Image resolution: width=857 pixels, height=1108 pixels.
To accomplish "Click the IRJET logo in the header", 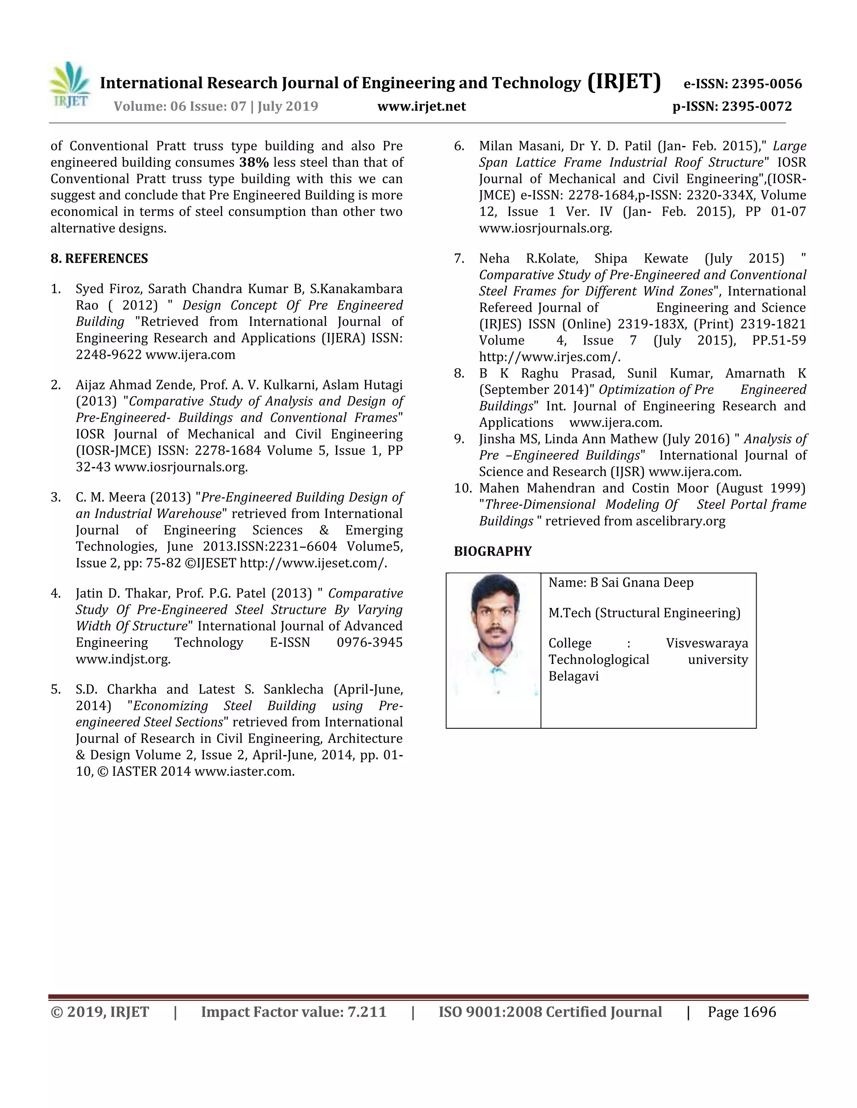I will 69,85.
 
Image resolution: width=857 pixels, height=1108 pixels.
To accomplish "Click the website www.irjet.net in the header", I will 421,107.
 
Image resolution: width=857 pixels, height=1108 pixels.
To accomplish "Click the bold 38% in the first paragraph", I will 254,162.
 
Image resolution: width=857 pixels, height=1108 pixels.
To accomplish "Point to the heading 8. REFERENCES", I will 99,259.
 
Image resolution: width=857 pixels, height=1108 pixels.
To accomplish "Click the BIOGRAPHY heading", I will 493,551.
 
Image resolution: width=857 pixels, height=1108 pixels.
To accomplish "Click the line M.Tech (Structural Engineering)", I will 644,613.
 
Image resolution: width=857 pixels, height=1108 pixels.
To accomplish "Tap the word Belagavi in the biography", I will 573,676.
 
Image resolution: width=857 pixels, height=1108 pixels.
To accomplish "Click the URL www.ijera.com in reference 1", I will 190,355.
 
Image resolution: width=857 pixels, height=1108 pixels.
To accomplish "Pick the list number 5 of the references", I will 55,689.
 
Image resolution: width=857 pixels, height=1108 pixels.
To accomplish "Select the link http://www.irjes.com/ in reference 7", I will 549,357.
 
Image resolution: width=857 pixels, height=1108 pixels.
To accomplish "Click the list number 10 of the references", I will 462,488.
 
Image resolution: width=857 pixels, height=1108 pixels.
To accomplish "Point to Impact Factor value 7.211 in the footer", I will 293,1012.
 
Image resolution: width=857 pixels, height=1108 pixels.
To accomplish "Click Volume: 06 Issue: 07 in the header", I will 180,107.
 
